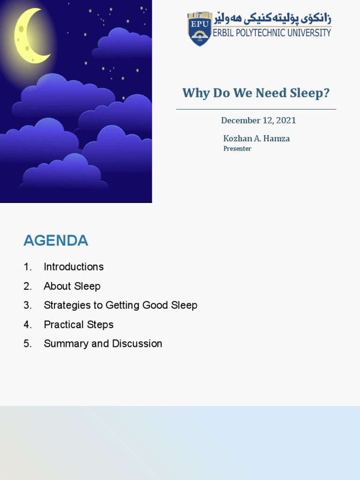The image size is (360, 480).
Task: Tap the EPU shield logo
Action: [x=200, y=29]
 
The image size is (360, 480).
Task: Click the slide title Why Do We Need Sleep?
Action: [x=256, y=93]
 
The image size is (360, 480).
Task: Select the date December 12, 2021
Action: [x=258, y=120]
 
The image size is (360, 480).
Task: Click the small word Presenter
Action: [x=237, y=149]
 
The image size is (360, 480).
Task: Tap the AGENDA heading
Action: [x=56, y=240]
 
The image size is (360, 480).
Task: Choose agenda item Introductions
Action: [x=74, y=267]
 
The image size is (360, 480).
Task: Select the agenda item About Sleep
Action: [x=72, y=286]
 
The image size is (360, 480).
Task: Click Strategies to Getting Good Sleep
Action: [x=120, y=305]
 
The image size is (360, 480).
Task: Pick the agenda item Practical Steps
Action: [x=79, y=324]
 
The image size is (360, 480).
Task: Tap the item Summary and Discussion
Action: [x=103, y=344]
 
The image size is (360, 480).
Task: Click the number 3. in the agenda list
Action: [x=28, y=305]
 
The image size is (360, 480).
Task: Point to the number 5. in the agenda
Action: [x=28, y=344]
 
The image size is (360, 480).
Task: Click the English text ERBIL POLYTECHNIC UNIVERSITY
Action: [x=272, y=33]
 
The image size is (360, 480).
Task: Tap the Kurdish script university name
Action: [x=272, y=19]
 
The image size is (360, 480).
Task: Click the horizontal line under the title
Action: [x=256, y=109]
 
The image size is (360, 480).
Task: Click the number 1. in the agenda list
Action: [x=28, y=267]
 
